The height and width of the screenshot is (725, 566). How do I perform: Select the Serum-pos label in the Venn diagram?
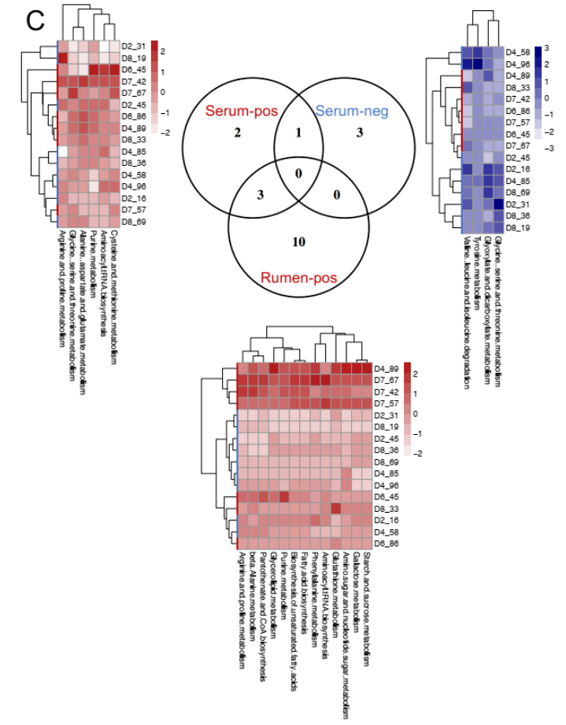coord(241,112)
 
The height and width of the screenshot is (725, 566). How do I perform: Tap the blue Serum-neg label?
coord(352,112)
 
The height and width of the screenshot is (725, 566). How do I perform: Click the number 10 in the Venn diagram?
coord(298,241)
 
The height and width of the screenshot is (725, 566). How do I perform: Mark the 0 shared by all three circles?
coord(298,173)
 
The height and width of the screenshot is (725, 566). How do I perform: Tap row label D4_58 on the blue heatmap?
coord(517,50)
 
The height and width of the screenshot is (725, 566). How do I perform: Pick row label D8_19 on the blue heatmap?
coord(517,227)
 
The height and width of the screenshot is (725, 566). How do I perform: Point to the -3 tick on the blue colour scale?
coord(547,147)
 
